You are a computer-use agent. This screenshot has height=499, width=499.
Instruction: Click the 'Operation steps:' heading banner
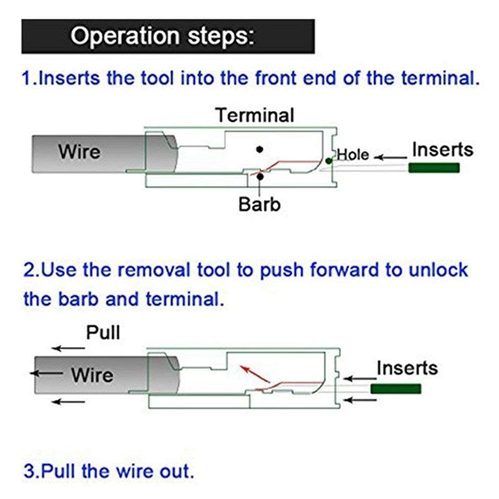click(x=167, y=36)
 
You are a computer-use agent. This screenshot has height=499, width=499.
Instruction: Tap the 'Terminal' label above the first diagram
click(x=254, y=115)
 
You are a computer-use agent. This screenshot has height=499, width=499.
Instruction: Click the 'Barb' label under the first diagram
click(x=259, y=204)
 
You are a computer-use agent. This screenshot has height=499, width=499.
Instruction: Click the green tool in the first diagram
click(x=434, y=168)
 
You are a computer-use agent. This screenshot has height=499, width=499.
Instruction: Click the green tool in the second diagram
click(x=395, y=389)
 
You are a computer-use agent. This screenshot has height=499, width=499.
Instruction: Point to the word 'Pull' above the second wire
click(x=103, y=332)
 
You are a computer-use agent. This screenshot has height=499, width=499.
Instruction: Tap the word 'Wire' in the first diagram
click(x=79, y=152)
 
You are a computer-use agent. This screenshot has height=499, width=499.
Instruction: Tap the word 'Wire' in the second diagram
click(x=92, y=375)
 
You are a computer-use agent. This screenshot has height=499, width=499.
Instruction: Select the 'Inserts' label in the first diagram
click(x=442, y=150)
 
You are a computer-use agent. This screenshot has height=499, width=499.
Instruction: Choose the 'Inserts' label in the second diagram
click(x=407, y=368)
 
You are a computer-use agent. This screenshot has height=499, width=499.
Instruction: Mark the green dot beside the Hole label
click(x=329, y=161)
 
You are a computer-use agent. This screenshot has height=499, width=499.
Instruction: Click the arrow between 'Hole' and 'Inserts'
click(x=389, y=156)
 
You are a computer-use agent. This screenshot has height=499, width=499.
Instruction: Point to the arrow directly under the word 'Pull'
click(x=68, y=349)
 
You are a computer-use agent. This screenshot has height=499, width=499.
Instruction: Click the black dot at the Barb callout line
click(x=259, y=177)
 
